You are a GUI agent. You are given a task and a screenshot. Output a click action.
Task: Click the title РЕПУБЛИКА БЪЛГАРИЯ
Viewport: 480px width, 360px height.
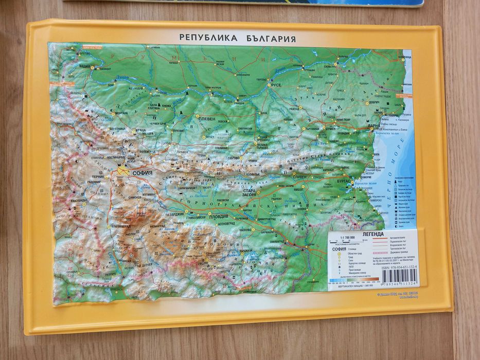[x=237, y=38]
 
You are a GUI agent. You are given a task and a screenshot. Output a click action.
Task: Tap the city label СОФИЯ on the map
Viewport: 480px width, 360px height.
[x=142, y=173]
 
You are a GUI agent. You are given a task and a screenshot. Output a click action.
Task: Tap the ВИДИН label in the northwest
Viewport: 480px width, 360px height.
[x=85, y=67]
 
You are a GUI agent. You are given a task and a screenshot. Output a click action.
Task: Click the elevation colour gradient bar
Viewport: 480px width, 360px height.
[x=355, y=281]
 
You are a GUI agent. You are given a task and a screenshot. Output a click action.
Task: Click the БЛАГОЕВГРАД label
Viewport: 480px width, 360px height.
[x=120, y=226]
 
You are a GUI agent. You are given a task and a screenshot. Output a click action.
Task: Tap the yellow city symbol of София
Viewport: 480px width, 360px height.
[x=123, y=171]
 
